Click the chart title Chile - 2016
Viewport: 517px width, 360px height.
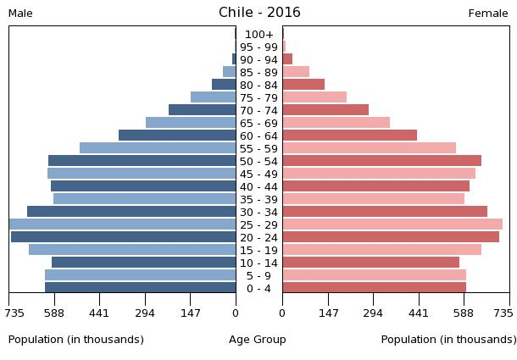point(259,12)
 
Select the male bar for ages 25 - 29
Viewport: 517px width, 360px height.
point(122,224)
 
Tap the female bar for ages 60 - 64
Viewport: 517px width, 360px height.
point(349,136)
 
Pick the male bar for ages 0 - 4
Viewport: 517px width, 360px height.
point(140,288)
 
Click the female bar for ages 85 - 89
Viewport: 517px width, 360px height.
point(296,72)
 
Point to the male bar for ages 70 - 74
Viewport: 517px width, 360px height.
point(202,110)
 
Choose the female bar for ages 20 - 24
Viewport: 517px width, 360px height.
point(391,237)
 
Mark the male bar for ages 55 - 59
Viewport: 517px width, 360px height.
point(158,148)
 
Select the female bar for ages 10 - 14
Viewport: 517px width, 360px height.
point(370,263)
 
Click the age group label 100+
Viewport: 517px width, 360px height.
point(259,35)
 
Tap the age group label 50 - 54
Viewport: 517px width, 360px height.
point(259,162)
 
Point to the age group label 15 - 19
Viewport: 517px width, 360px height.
point(259,251)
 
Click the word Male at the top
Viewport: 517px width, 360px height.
point(20,14)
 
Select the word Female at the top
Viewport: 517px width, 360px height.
point(488,14)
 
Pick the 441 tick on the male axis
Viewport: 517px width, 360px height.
point(99,313)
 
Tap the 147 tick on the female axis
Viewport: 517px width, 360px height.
point(328,313)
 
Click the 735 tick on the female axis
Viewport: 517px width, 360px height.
point(503,313)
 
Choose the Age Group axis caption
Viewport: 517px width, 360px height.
point(258,340)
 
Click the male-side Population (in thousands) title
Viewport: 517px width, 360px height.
point(76,340)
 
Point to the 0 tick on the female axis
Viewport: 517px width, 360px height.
point(282,313)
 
